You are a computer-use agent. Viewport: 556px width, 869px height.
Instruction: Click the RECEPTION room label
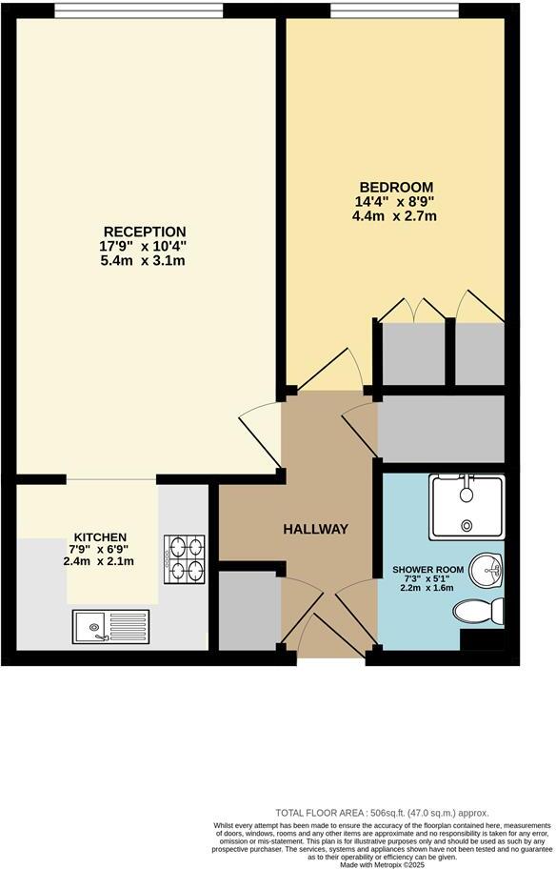pos(145,232)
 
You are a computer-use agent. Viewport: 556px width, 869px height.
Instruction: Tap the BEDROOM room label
pos(395,187)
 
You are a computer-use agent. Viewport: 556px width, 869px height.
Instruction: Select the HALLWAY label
pos(314,529)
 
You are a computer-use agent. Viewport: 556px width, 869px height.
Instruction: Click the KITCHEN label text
pos(99,536)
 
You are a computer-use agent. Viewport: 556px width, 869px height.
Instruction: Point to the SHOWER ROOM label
pos(427,570)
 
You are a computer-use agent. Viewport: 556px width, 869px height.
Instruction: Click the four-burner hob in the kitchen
pos(185,559)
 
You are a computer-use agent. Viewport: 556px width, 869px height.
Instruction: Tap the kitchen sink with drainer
pos(109,626)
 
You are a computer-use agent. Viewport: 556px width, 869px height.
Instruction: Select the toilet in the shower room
pos(478,611)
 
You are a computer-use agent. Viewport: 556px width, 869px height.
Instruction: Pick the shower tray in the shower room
pos(467,506)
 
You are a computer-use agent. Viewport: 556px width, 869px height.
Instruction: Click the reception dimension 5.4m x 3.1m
pos(145,260)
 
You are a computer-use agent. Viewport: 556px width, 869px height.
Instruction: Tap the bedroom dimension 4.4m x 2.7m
pos(395,216)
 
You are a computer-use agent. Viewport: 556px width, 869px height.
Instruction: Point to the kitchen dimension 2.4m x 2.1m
pos(99,561)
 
